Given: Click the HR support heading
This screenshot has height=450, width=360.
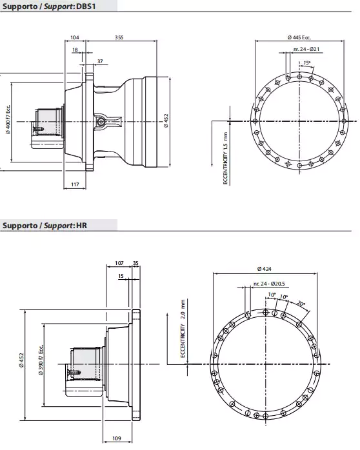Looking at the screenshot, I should click(x=45, y=225).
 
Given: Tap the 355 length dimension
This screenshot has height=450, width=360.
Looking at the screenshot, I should click(x=119, y=38).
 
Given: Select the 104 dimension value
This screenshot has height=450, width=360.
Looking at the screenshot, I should click(x=74, y=38).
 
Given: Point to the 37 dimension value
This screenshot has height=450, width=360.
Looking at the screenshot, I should click(x=99, y=61).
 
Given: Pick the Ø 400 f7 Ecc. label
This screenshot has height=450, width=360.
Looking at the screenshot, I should click(x=8, y=119).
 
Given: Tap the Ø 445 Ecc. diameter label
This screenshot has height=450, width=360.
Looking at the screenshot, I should click(x=299, y=38).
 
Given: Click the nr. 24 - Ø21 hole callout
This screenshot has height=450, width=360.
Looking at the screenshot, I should click(x=306, y=50).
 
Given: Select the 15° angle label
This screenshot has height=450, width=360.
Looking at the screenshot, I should click(x=306, y=63).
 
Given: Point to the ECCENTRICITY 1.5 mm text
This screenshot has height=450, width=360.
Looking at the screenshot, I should click(x=226, y=158).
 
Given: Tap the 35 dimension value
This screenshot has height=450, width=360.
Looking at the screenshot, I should click(x=135, y=263).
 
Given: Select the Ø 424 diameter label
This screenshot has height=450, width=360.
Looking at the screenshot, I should click(x=264, y=268).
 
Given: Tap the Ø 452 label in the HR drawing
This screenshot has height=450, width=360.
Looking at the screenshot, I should click(x=21, y=361).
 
